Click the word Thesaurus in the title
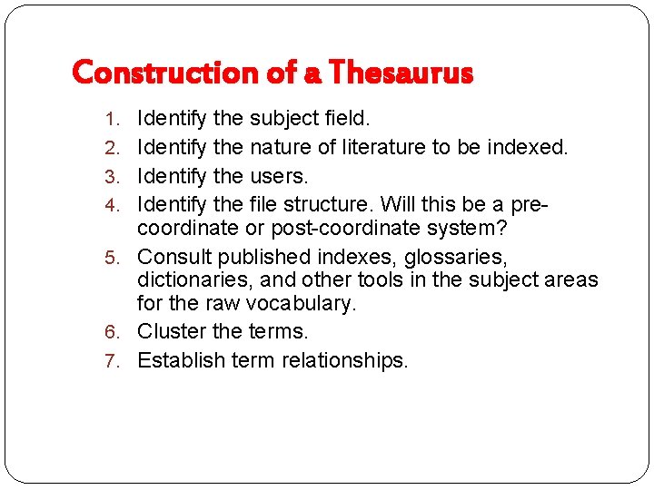coord(401,72)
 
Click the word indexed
coord(526,146)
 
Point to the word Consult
coord(173,257)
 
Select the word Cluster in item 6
coord(172,331)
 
